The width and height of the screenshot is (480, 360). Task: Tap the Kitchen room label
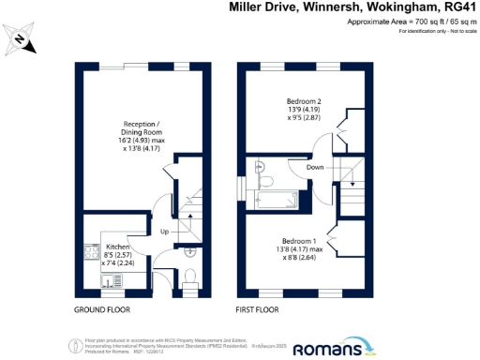(103, 247)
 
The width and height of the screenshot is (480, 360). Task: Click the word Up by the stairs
(163, 232)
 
